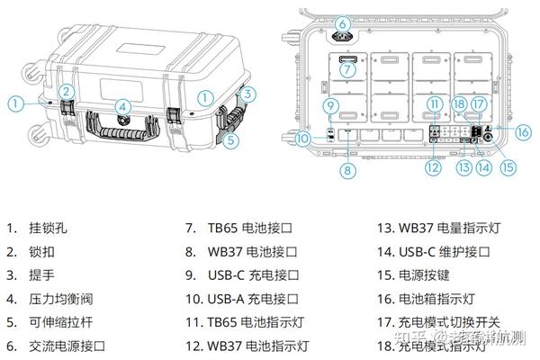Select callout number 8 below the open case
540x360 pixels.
tap(347, 168)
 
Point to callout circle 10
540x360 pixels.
tap(304, 138)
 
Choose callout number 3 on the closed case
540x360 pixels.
tap(251, 92)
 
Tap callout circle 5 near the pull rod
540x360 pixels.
tap(232, 140)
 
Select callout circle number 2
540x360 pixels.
tap(67, 91)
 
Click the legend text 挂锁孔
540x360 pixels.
tap(49, 229)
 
